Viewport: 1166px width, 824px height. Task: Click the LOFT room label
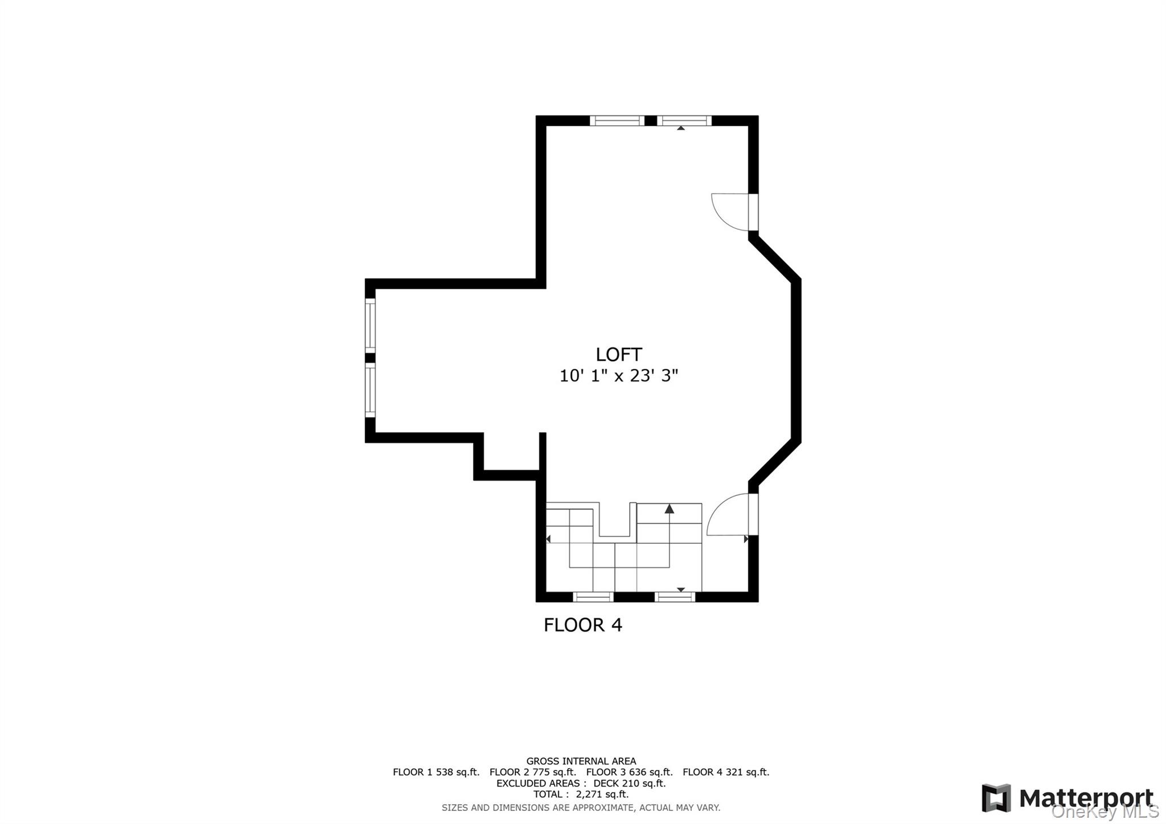618,355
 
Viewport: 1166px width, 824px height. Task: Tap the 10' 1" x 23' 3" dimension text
618,376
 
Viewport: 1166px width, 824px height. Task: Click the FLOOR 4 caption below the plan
582,625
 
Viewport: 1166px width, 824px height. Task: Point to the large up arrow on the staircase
670,509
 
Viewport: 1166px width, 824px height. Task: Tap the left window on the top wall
617,120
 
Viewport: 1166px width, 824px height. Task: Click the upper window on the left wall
370,325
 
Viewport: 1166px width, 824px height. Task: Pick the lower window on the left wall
370,390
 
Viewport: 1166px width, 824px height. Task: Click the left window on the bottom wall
593,597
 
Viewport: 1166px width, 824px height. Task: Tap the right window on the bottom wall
675,597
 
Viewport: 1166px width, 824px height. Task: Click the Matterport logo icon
996,798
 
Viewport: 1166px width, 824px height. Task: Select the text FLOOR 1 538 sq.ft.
436,772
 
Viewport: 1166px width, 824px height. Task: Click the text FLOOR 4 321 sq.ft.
725,772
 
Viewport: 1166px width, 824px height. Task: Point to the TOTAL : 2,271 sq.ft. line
581,794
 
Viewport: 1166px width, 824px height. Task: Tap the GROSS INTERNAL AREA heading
581,761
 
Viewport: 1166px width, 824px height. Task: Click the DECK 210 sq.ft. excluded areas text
629,783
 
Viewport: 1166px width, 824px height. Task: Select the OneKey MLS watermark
1105,811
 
